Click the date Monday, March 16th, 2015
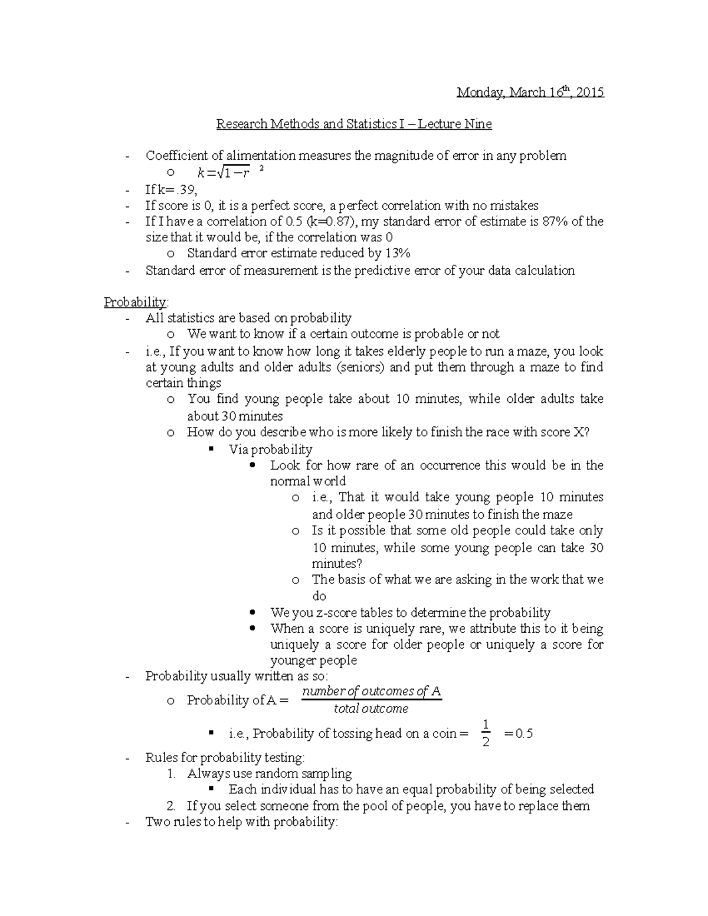530,93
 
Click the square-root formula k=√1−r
224,173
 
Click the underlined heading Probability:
136,303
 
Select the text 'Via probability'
270,449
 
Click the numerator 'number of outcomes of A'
371,691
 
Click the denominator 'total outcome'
371,708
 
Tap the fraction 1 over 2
486,733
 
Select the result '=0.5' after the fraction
519,734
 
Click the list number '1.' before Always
171,774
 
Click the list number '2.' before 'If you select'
171,806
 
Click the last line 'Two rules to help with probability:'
242,822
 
